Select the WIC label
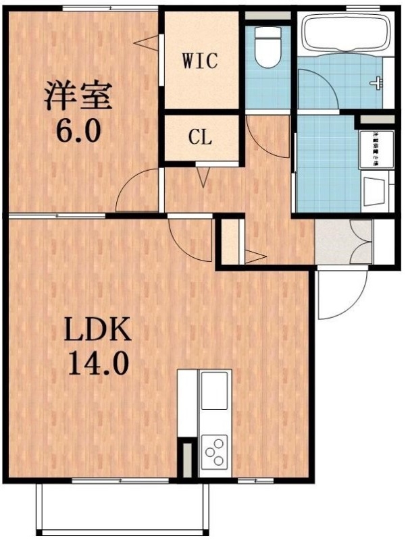pyautogui.click(x=199, y=61)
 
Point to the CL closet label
pyautogui.click(x=200, y=139)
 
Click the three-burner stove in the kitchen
pyautogui.click(x=215, y=451)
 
